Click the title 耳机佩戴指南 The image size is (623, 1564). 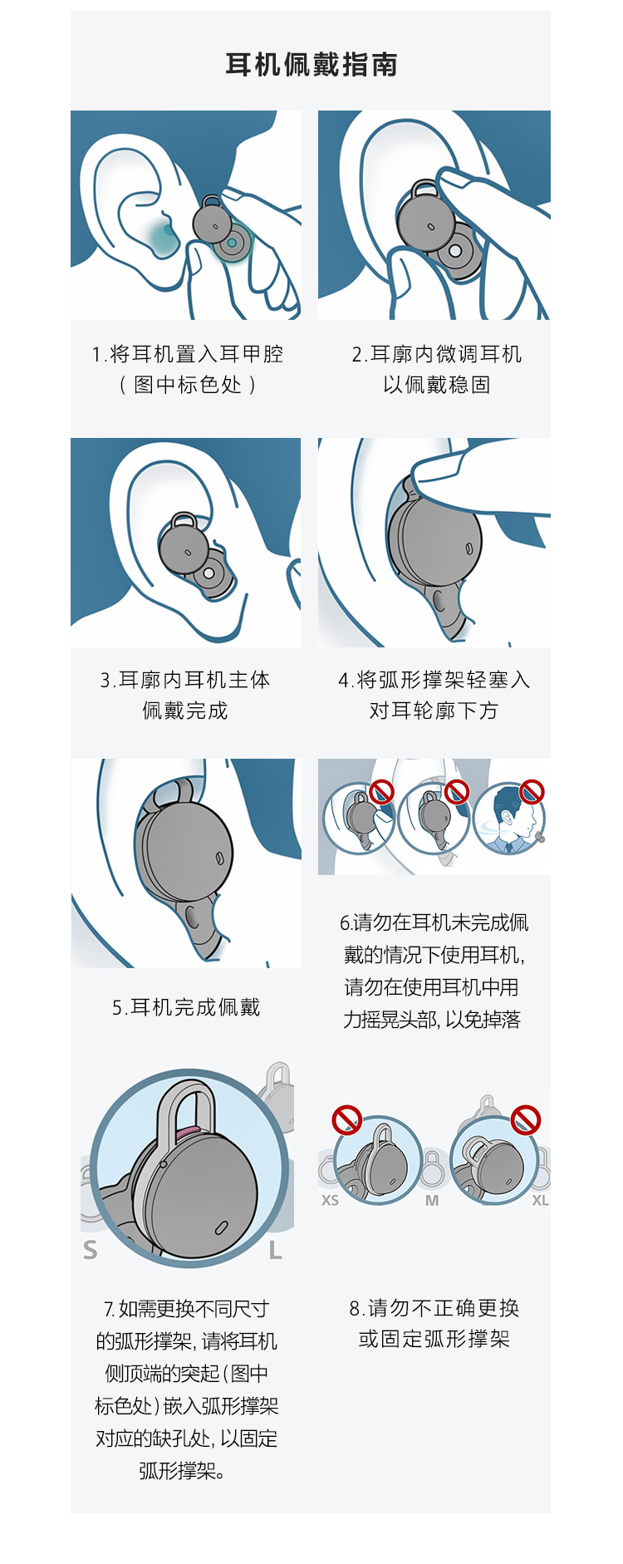point(311,64)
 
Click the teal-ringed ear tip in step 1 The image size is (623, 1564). point(233,243)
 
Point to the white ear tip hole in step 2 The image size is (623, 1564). point(454,250)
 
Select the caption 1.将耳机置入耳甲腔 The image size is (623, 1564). point(188,354)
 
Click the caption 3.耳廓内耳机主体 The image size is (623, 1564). point(185,680)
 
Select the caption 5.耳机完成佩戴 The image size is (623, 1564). point(186,1007)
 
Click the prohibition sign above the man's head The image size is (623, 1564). point(532,792)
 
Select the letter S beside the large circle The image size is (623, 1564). point(90,1250)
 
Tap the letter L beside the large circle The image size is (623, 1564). point(275,1250)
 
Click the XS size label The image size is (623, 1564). point(330,1200)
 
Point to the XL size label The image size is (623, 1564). point(540,1200)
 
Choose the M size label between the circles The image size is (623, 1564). point(432,1200)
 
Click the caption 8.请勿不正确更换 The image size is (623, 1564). point(434,1308)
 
